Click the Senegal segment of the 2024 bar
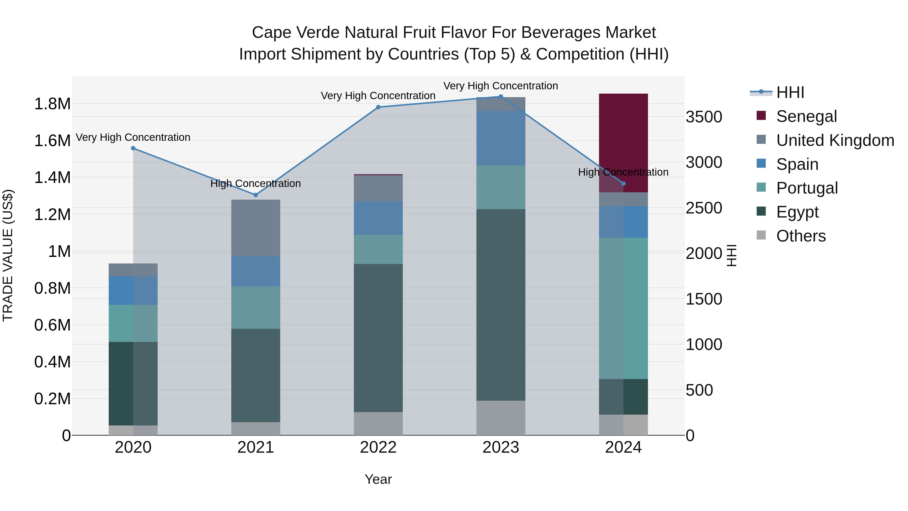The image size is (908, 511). tap(623, 141)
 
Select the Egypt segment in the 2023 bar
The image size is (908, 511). tap(500, 305)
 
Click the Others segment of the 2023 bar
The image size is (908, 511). tap(500, 418)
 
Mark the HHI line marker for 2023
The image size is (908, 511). tap(500, 96)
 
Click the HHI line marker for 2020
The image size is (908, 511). tap(133, 148)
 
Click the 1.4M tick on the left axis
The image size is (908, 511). tap(52, 177)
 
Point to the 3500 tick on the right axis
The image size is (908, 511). tap(703, 117)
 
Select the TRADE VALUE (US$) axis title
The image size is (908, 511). tap(8, 255)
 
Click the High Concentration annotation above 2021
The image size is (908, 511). tap(256, 183)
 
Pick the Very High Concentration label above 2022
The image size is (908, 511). tap(378, 96)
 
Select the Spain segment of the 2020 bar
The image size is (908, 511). tap(133, 291)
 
